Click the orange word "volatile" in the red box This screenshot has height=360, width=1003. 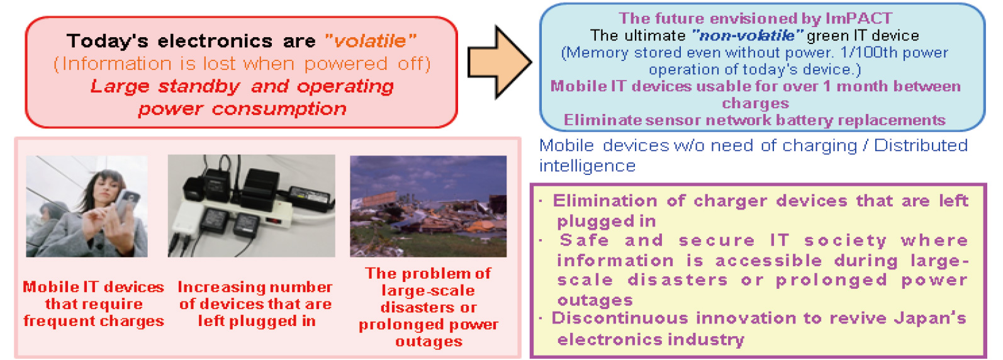(371, 41)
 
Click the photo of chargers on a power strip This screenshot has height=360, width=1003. (251, 206)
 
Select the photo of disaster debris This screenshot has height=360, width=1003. (428, 206)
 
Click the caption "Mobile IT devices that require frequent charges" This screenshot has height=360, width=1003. (94, 304)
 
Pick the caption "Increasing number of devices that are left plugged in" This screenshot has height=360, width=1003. (255, 304)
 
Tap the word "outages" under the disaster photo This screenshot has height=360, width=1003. (429, 342)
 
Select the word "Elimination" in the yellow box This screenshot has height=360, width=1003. (605, 201)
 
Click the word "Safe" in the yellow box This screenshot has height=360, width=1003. (585, 240)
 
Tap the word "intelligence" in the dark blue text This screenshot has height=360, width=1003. (587, 166)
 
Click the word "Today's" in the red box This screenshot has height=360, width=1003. (108, 41)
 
